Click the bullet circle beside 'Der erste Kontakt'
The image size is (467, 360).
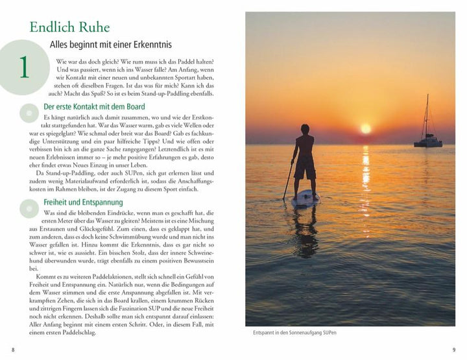click(29, 114)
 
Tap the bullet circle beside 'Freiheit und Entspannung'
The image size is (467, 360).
click(29, 208)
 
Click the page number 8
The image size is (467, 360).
click(13, 350)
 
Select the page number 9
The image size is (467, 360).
click(453, 350)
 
